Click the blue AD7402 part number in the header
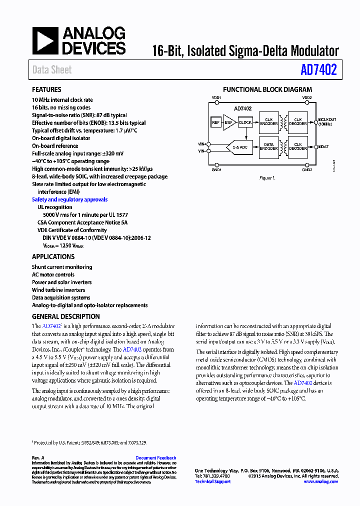coord(318,70)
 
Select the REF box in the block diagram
coord(216,122)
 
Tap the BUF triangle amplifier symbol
coord(228,122)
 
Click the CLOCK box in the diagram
coord(245,122)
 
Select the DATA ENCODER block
coord(268,146)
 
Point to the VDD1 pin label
coord(216,98)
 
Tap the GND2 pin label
coord(307,170)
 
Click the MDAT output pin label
coord(323,146)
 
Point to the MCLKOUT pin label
coord(326,119)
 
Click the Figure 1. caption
coord(266,178)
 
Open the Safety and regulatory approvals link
coord(69,199)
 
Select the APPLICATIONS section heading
coord(53,256)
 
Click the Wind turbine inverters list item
coord(58,290)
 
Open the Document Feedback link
coord(155,458)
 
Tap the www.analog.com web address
coord(320,481)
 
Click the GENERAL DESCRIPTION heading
coord(65,316)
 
